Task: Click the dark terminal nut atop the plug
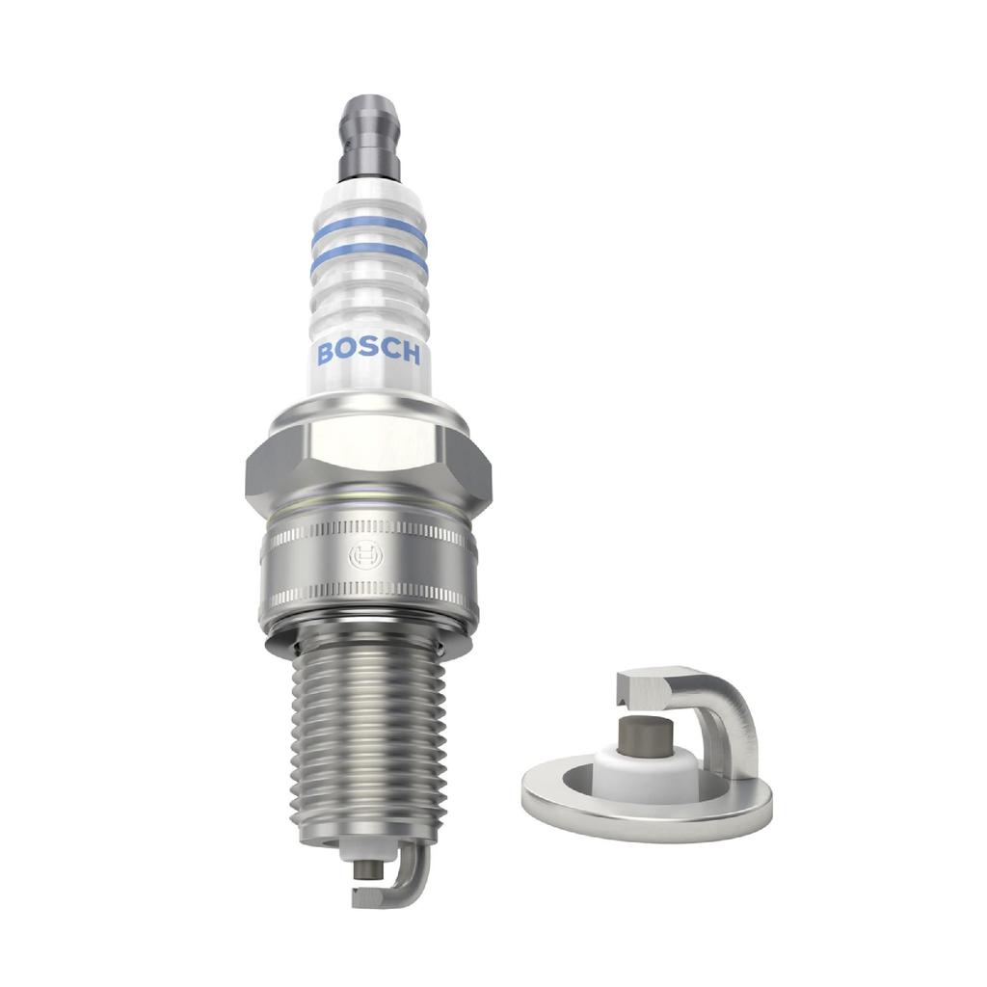click(369, 135)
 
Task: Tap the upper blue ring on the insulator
click(368, 227)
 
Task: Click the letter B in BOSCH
click(326, 354)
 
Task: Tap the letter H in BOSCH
click(410, 355)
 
